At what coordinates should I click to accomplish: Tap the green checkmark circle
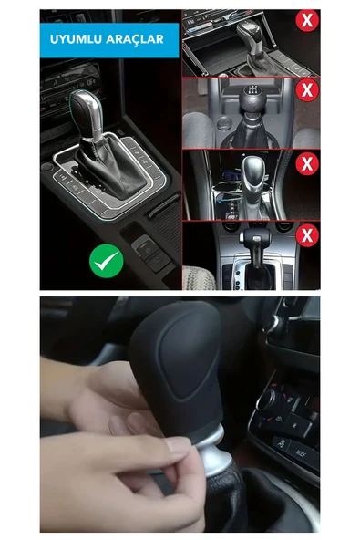click(x=107, y=263)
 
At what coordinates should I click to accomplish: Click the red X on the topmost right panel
click(x=308, y=20)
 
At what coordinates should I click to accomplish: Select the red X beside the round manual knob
click(x=308, y=90)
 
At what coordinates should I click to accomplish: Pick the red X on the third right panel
click(x=308, y=163)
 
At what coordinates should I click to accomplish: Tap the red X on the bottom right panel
click(x=308, y=235)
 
